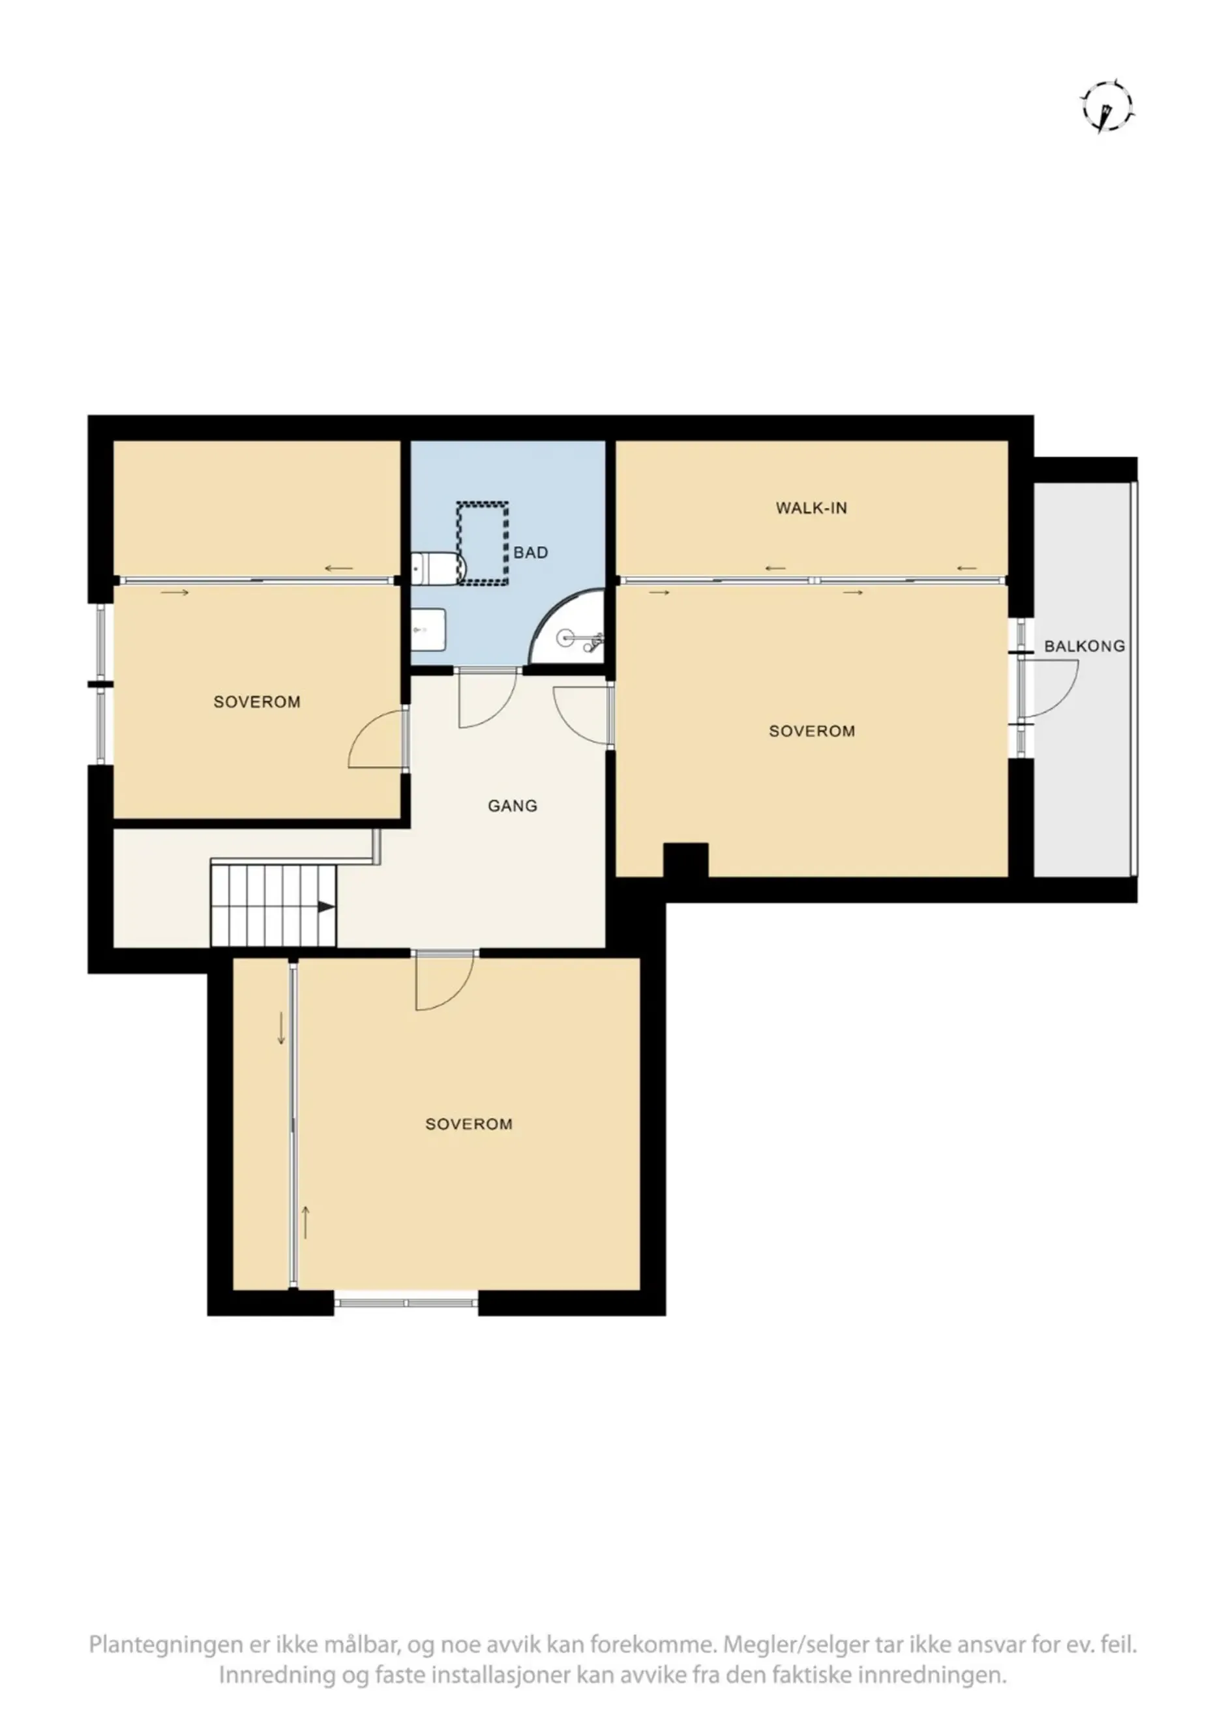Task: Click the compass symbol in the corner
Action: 1107,106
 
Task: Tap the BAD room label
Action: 530,553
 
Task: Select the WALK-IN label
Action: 811,508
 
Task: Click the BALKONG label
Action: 1084,647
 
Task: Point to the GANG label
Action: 512,806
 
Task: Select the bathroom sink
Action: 428,628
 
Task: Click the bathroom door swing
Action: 487,699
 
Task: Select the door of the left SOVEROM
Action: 376,739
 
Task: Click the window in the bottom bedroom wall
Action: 406,1302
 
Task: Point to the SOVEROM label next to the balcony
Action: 811,731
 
